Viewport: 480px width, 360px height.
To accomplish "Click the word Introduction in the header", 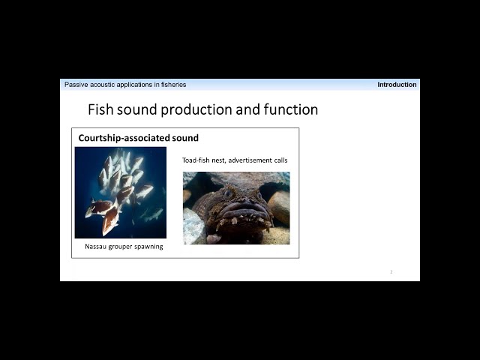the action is pos(397,85).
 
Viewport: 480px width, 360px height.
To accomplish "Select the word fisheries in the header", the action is pos(173,85).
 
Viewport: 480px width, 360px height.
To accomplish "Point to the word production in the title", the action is pos(196,109).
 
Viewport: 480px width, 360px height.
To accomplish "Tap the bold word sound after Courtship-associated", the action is pos(185,138).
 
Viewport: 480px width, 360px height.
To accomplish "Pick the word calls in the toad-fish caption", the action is pos(280,160).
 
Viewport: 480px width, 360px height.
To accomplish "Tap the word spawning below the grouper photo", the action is pos(148,247).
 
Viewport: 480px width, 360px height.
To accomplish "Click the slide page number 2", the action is pos(391,271).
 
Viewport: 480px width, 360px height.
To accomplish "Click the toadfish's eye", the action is pos(228,193).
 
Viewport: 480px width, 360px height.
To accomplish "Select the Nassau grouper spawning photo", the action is pos(121,193).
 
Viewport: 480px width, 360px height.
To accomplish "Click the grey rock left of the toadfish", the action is pos(193,226).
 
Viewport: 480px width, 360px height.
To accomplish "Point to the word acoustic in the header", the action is pos(102,85).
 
